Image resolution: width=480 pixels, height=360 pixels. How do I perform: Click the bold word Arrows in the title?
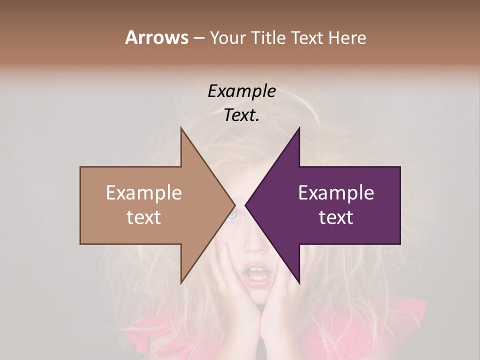click(x=156, y=37)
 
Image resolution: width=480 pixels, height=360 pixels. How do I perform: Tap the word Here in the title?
click(x=347, y=38)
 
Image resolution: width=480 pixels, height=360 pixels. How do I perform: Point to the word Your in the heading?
click(x=227, y=38)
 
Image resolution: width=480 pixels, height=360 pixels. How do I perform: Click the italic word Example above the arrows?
click(x=241, y=91)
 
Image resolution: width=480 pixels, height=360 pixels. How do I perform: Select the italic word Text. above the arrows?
click(x=241, y=115)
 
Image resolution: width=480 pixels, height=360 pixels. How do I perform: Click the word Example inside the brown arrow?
click(x=144, y=193)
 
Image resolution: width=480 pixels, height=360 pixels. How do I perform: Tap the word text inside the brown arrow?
click(x=144, y=217)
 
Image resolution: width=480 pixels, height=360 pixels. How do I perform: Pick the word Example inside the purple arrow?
click(x=336, y=193)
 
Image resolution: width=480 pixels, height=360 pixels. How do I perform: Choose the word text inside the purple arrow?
click(x=336, y=217)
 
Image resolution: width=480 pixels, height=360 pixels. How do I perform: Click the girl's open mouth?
click(x=258, y=274)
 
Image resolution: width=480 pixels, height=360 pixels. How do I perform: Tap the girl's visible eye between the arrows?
click(x=233, y=216)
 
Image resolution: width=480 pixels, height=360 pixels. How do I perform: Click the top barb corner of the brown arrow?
click(x=181, y=129)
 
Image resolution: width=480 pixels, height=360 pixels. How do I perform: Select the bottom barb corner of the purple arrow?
click(x=299, y=282)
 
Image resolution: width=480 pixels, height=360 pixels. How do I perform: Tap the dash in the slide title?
click(x=198, y=38)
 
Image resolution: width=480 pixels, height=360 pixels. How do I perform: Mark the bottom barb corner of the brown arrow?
click(x=181, y=282)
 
